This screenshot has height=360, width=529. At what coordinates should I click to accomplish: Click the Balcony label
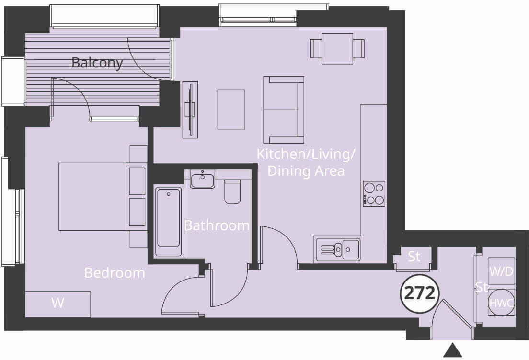97,63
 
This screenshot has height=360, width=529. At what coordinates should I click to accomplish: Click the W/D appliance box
501,271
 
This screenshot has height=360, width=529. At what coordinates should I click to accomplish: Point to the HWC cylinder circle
501,303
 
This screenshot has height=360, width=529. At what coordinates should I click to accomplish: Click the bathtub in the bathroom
169,223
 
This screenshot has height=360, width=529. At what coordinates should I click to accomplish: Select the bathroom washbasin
203,180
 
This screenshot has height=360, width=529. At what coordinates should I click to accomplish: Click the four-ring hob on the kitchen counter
374,194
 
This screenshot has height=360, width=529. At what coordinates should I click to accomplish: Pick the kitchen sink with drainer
338,249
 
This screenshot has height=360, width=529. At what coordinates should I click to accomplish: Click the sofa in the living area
284,110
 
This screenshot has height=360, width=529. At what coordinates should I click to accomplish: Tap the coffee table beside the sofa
231,110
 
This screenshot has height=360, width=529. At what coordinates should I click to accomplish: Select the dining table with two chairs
337,48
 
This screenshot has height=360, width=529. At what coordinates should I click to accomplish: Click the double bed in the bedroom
93,196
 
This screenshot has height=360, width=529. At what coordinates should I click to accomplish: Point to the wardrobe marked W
58,304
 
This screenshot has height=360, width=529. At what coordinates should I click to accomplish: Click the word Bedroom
115,273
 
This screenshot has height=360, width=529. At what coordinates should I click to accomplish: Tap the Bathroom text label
217,225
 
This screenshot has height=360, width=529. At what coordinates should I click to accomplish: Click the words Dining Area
306,171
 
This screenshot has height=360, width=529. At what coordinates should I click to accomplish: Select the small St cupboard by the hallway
414,257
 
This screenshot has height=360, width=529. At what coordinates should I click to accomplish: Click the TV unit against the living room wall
190,110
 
